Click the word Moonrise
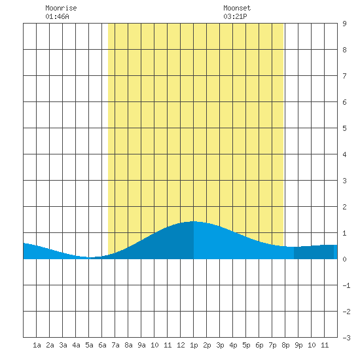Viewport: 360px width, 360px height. click(61, 8)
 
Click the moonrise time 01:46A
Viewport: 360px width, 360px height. click(57, 16)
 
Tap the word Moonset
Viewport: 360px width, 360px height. click(237, 8)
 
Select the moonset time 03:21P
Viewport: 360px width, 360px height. click(235, 16)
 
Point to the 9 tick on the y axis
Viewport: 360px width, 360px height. click(344, 24)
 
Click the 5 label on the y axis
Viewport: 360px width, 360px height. click(344, 128)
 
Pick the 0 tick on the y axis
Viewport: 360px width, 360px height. click(344, 259)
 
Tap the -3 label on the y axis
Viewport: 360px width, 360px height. click(346, 338)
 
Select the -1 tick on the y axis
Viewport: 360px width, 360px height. click(346, 285)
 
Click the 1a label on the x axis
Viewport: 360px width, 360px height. click(37, 345)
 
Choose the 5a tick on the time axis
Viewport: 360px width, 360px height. click(89, 345)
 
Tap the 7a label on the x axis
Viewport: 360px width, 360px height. click(115, 345)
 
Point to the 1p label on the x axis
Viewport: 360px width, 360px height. click(194, 345)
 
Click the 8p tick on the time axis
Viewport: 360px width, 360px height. click(285, 345)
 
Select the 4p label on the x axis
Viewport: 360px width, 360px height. click(233, 345)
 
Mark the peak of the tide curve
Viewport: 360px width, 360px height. click(194, 221)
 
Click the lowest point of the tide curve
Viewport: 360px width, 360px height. click(89, 257)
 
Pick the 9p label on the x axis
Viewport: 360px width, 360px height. click(298, 345)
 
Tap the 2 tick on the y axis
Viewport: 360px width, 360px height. click(344, 207)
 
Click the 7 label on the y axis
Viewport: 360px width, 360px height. click(344, 76)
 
